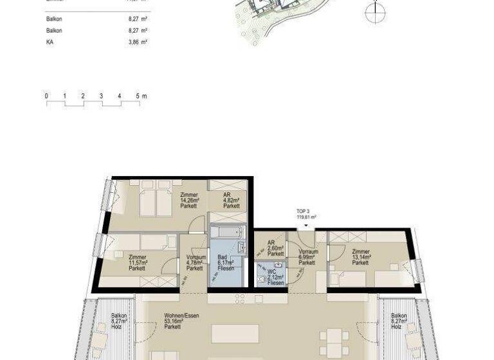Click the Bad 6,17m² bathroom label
pyautogui.click(x=226, y=262)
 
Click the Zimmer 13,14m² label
pyautogui.click(x=361, y=256)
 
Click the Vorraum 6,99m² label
pyautogui.click(x=308, y=256)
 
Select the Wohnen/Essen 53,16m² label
pyautogui.click(x=172, y=321)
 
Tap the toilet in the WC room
pyautogui.click(x=261, y=279)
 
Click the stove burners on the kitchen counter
pyautogui.click(x=239, y=299)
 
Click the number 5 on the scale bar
pyautogui.click(x=138, y=96)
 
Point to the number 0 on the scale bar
pyautogui.click(x=46, y=96)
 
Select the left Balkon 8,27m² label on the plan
pyautogui.click(x=119, y=321)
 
